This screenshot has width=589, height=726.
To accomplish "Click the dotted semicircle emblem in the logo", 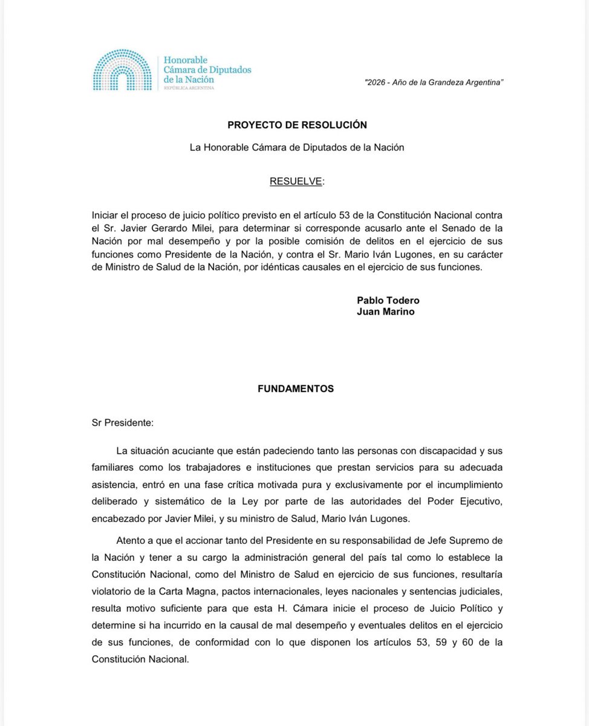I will [122, 71].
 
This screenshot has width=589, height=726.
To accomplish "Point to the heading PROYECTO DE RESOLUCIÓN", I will [297, 125].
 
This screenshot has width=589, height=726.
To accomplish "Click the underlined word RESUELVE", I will [296, 181].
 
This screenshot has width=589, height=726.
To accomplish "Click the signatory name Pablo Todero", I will [388, 301].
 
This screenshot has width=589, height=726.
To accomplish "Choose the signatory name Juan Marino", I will [386, 312].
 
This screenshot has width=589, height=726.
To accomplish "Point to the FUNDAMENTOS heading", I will [296, 389].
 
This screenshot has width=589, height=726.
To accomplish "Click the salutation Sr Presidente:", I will [123, 423].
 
